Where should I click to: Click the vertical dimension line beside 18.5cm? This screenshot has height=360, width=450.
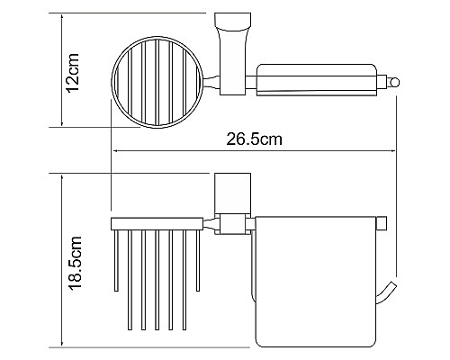point(61,261)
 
